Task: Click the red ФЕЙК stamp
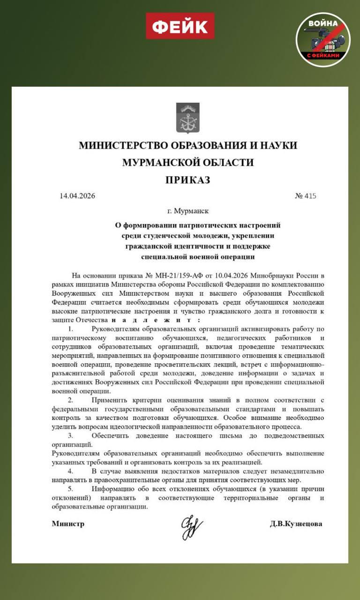coord(180,26)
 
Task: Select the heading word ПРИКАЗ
coord(187,180)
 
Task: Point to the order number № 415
coord(306,196)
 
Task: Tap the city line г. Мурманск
coord(188,211)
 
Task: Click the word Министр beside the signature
coord(68,524)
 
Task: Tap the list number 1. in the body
coord(71,330)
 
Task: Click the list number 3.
coord(71,435)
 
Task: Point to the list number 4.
coord(71,471)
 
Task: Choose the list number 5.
coord(71,488)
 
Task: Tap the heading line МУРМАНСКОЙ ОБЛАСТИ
coord(187,162)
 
